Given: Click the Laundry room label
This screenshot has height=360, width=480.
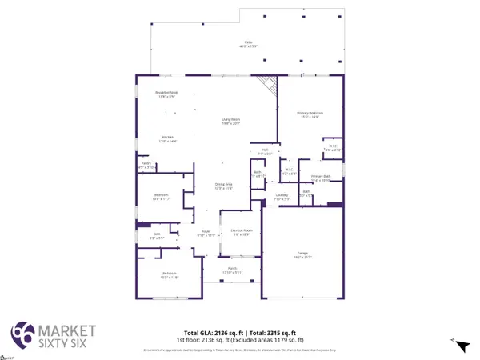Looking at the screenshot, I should (281, 195).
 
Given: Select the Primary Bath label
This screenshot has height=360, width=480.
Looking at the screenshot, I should (321, 178).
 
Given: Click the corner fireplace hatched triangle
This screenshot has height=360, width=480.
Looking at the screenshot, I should (268, 84).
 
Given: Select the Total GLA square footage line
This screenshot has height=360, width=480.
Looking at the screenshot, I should (240, 332).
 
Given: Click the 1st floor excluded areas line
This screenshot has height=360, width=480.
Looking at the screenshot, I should (240, 340).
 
